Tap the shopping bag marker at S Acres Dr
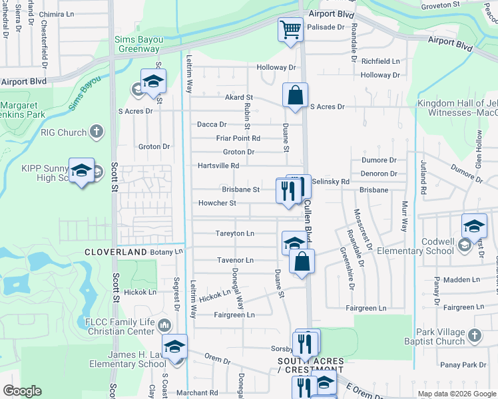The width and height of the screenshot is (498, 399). tap(294, 95)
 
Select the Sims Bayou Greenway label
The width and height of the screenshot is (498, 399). tap(137, 44)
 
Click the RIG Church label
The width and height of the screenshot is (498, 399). tap(64, 132)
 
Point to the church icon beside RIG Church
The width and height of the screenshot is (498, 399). tap(97, 132)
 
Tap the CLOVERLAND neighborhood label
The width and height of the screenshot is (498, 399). tap(115, 253)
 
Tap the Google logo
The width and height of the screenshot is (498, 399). tap(23, 391)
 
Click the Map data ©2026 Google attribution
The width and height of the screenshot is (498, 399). tap(456, 394)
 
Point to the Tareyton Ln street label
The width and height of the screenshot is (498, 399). tap(234, 233)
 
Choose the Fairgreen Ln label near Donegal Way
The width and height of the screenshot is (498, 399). tap(234, 315)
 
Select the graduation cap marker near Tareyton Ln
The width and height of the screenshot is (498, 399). tap(294, 243)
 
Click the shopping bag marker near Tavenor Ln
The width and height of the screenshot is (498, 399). tap(302, 261)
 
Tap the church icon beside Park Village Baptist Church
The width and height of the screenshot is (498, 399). tap(474, 334)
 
